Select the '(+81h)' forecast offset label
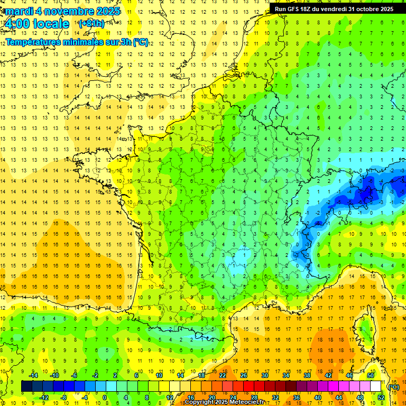tap(91, 24)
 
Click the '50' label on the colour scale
tap(370, 375)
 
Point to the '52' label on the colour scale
tap(381, 398)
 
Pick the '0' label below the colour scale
tap(104, 398)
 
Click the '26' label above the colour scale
tap(244, 375)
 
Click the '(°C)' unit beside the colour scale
tap(393, 387)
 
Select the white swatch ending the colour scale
tap(375, 386)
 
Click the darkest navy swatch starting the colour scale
tap(26, 386)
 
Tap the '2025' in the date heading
tap(105, 11)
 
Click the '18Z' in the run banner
tap(310, 9)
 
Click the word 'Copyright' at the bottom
tap(199, 402)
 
